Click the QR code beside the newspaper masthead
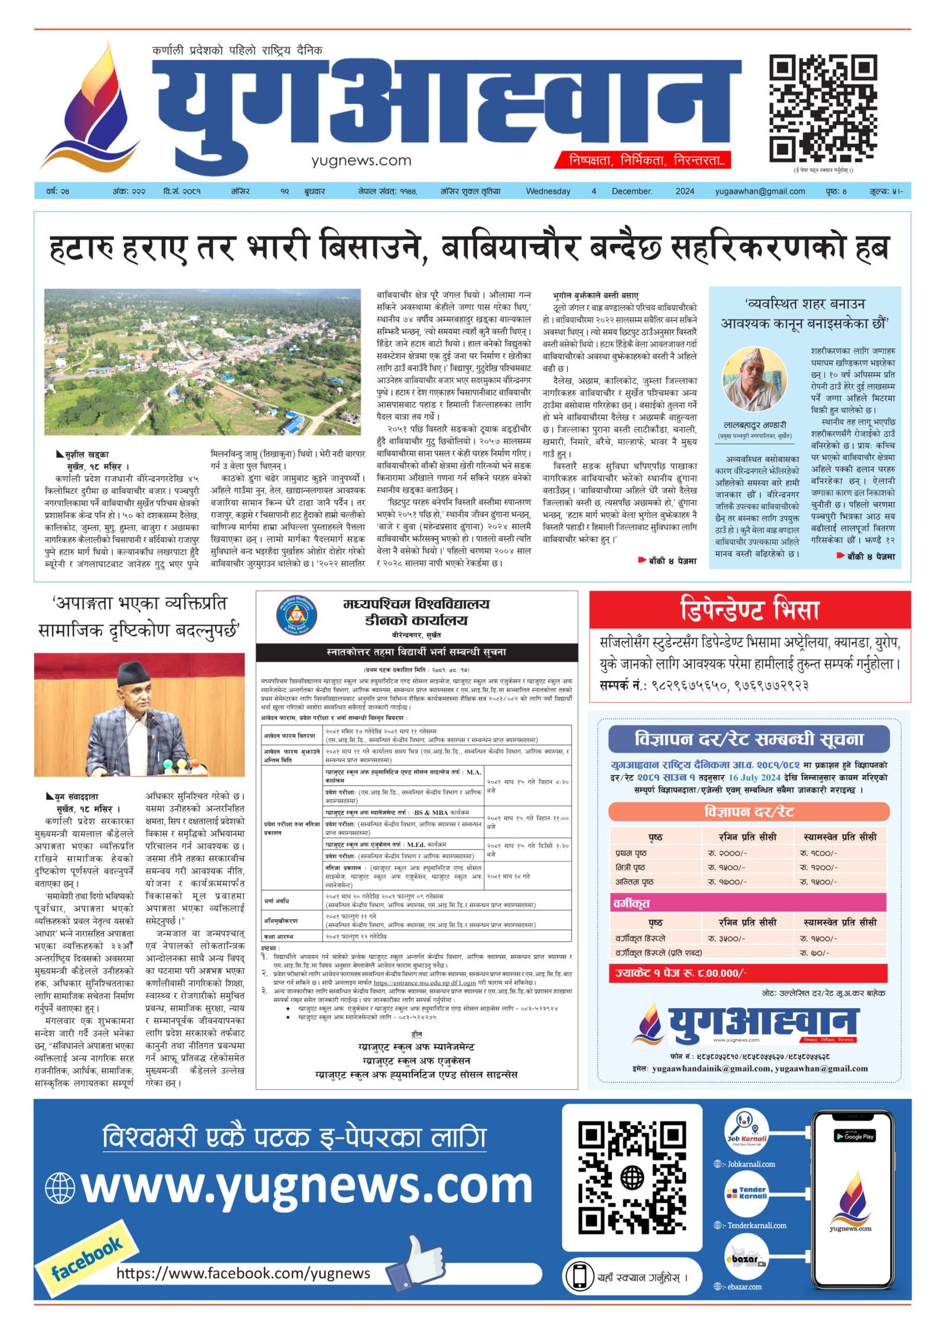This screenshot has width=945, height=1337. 822,108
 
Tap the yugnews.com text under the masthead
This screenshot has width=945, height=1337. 361,160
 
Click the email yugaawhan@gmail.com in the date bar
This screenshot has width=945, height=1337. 760,191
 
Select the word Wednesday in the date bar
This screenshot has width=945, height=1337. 548,191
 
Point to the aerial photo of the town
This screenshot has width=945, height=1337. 202,362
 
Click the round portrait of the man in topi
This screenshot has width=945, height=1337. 754,379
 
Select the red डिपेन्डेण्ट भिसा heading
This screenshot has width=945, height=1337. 750,609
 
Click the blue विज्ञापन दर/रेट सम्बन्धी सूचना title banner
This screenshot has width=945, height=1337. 748,739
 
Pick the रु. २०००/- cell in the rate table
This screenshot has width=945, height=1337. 727,853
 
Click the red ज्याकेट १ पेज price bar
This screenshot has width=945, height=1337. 748,973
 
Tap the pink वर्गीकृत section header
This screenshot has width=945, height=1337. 748,903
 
